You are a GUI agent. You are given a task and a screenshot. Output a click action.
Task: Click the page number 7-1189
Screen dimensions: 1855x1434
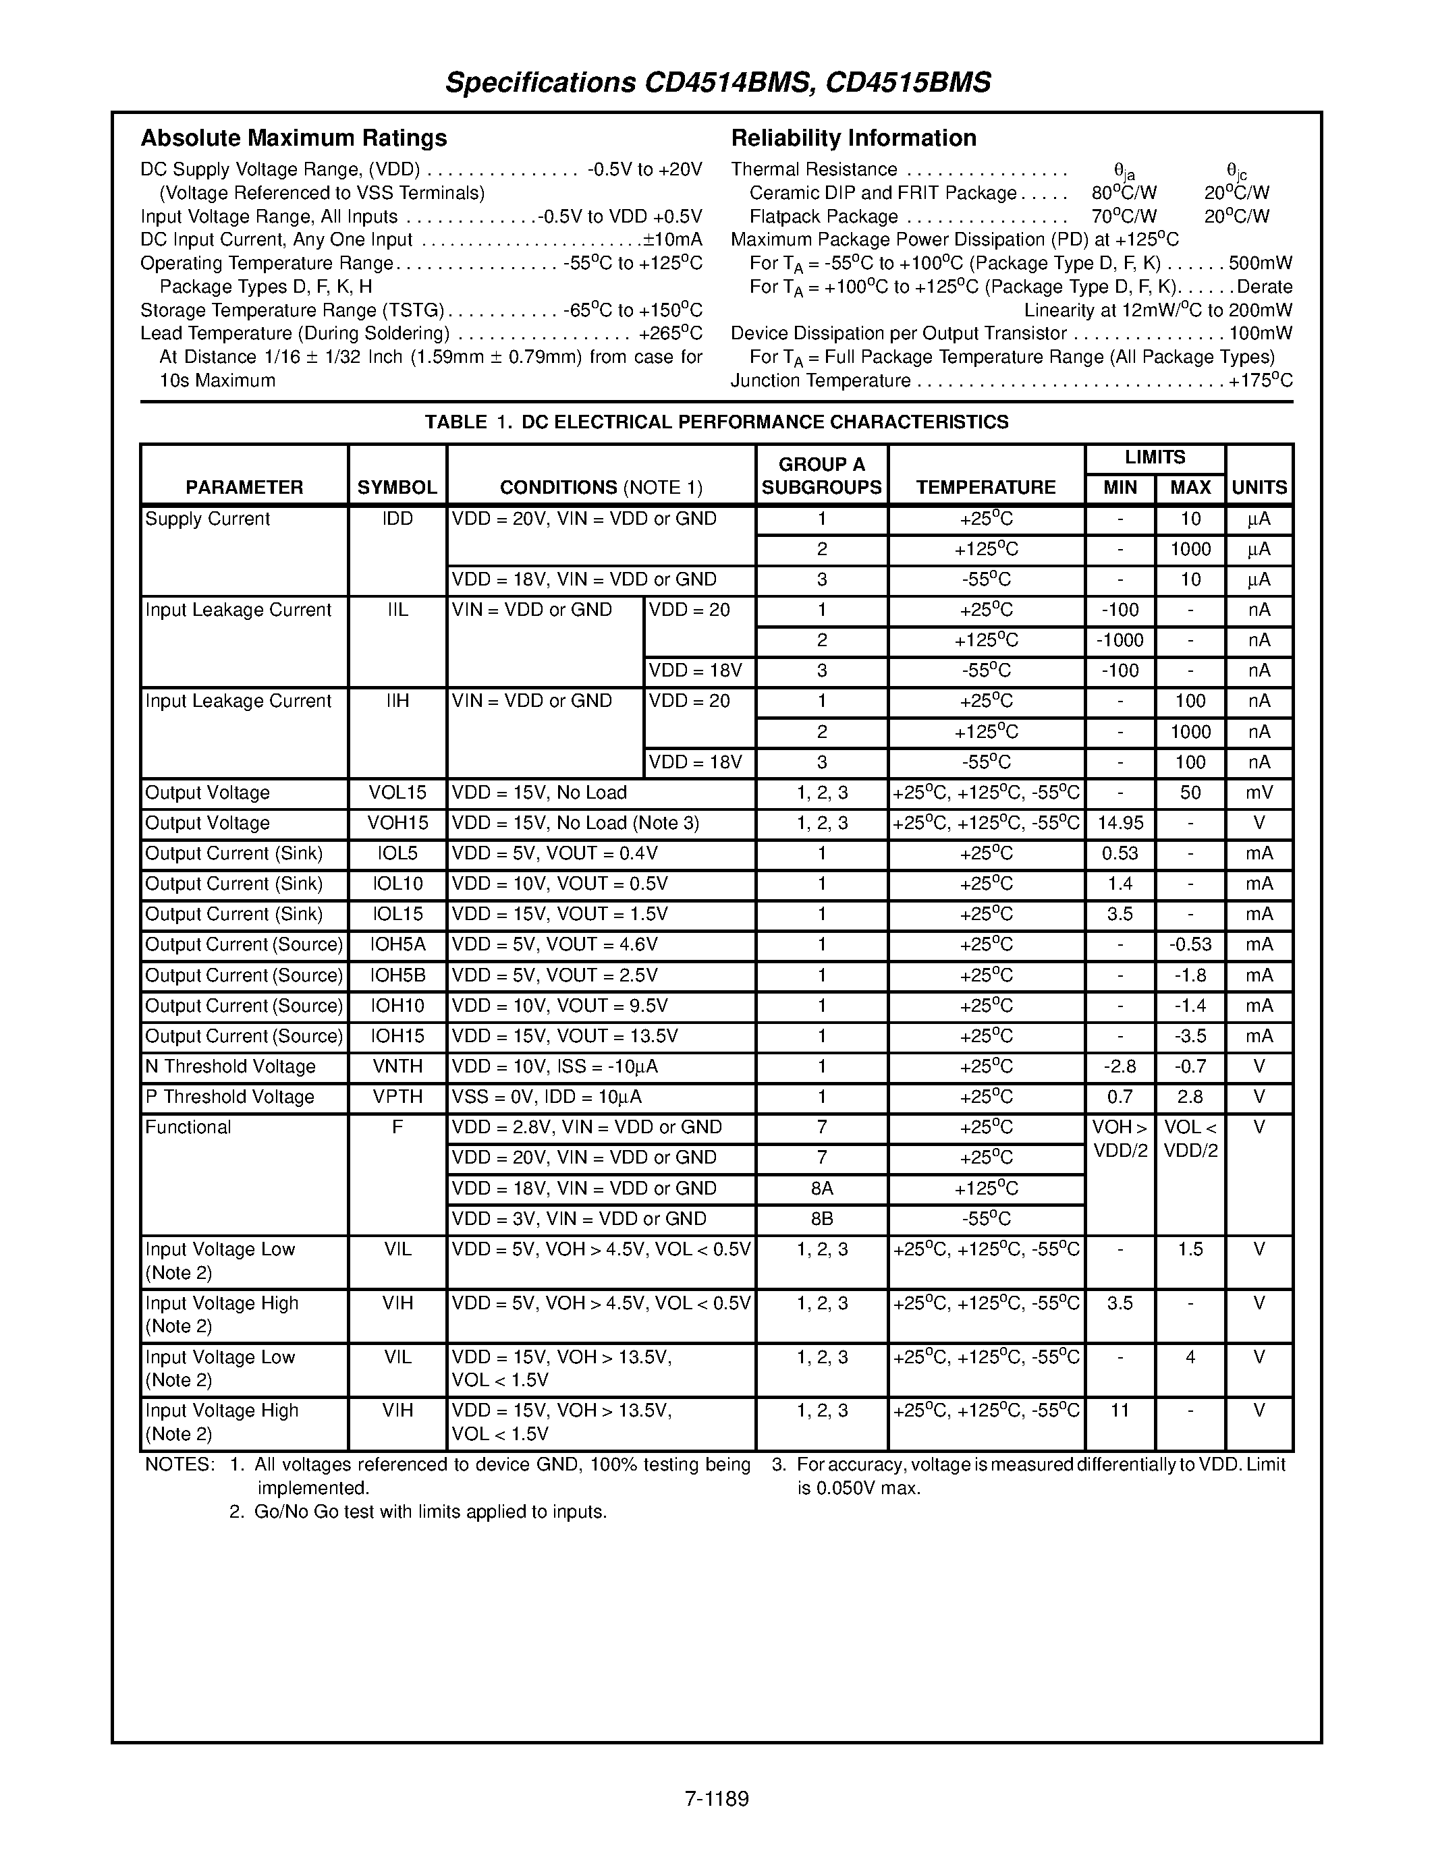point(716,1799)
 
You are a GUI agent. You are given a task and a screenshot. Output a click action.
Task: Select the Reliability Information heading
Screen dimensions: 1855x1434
point(853,138)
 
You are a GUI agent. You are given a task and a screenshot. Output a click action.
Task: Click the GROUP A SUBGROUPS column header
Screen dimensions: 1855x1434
point(821,476)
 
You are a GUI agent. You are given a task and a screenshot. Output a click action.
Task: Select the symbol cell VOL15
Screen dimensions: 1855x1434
point(397,793)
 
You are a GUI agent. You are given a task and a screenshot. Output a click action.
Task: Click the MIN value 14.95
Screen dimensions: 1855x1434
point(1120,824)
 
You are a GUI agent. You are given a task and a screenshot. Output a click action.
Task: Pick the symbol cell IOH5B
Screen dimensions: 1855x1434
point(397,976)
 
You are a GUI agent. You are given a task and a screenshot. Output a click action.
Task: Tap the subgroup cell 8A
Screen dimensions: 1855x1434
point(821,1189)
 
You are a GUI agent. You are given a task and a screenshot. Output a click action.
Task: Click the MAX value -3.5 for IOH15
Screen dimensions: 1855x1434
point(1190,1037)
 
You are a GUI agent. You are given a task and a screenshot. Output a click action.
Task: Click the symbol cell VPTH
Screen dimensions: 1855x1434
point(397,1097)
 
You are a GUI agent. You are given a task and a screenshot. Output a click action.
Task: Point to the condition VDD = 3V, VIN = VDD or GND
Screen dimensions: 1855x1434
point(578,1220)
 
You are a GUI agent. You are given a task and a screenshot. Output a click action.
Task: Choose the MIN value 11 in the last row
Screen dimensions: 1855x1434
point(1120,1410)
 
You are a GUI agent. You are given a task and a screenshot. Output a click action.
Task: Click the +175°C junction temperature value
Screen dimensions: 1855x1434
point(1261,381)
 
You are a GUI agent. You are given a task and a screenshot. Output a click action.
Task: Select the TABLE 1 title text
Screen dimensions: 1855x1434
point(716,422)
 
